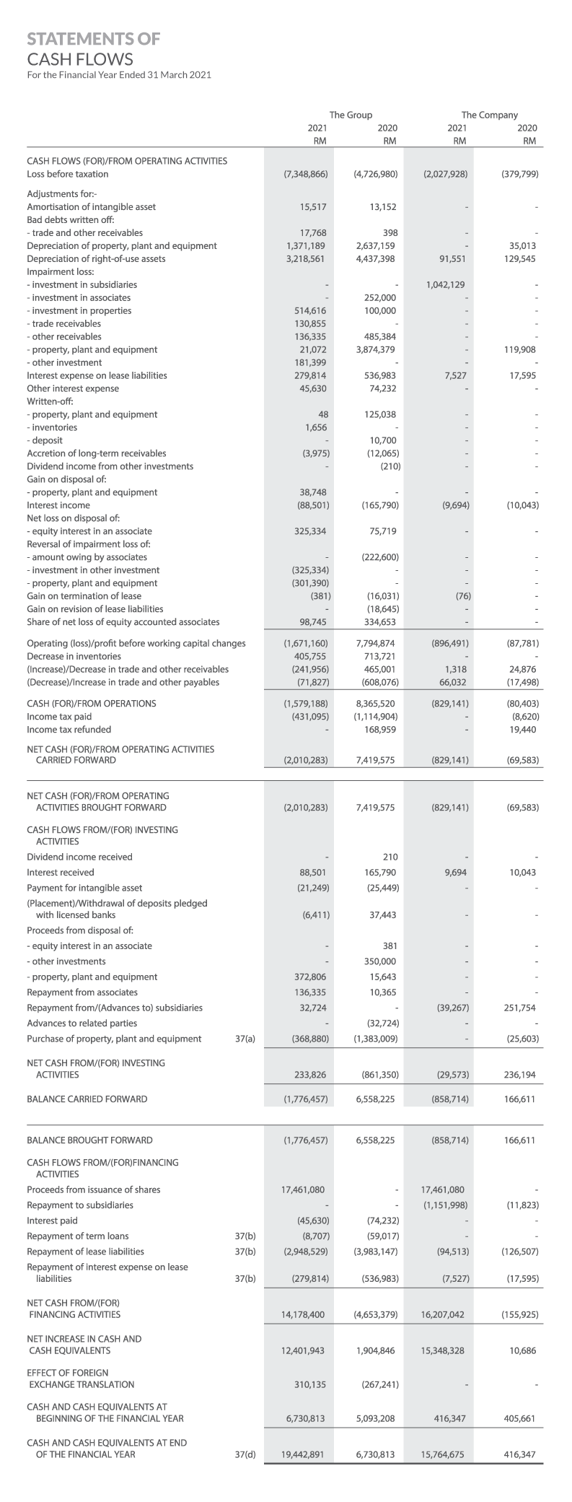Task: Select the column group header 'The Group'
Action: [351, 115]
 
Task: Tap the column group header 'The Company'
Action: [489, 115]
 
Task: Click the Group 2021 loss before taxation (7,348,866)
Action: [307, 174]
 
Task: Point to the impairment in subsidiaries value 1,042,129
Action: [445, 284]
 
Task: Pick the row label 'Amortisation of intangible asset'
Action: [91, 206]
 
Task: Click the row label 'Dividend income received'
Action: [79, 857]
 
